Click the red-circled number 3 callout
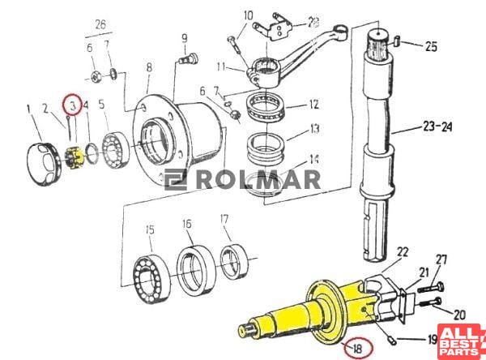[73, 105]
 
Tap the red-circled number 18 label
[358, 348]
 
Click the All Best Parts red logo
[462, 341]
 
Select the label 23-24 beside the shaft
[437, 127]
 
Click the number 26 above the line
[100, 24]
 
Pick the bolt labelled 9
[189, 58]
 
